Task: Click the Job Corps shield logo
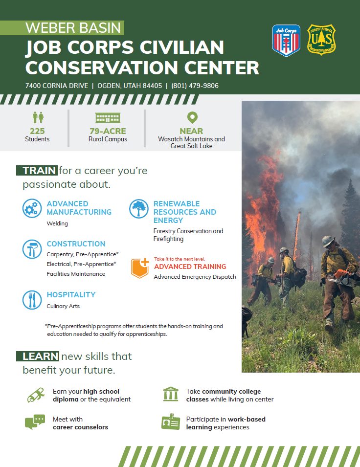coord(286,40)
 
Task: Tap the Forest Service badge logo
coord(321,40)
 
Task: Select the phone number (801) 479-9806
coord(195,86)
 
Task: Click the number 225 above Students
coord(37,131)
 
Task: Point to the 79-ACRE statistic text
coord(108,131)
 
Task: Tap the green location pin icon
coord(192,118)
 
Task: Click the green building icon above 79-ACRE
coord(108,118)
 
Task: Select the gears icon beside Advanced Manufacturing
coord(32,208)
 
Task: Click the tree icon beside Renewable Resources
coord(138,208)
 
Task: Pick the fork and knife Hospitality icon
coord(32,300)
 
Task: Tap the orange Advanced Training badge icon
coord(140,268)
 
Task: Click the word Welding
coord(57,223)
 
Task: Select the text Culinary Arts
coord(63,306)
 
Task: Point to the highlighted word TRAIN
coord(39,171)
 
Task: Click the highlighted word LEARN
coord(40,356)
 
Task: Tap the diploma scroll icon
coord(36,395)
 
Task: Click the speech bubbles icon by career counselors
coord(35,422)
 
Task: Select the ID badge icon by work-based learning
coord(171,422)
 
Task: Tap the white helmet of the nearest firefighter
coord(328,241)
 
